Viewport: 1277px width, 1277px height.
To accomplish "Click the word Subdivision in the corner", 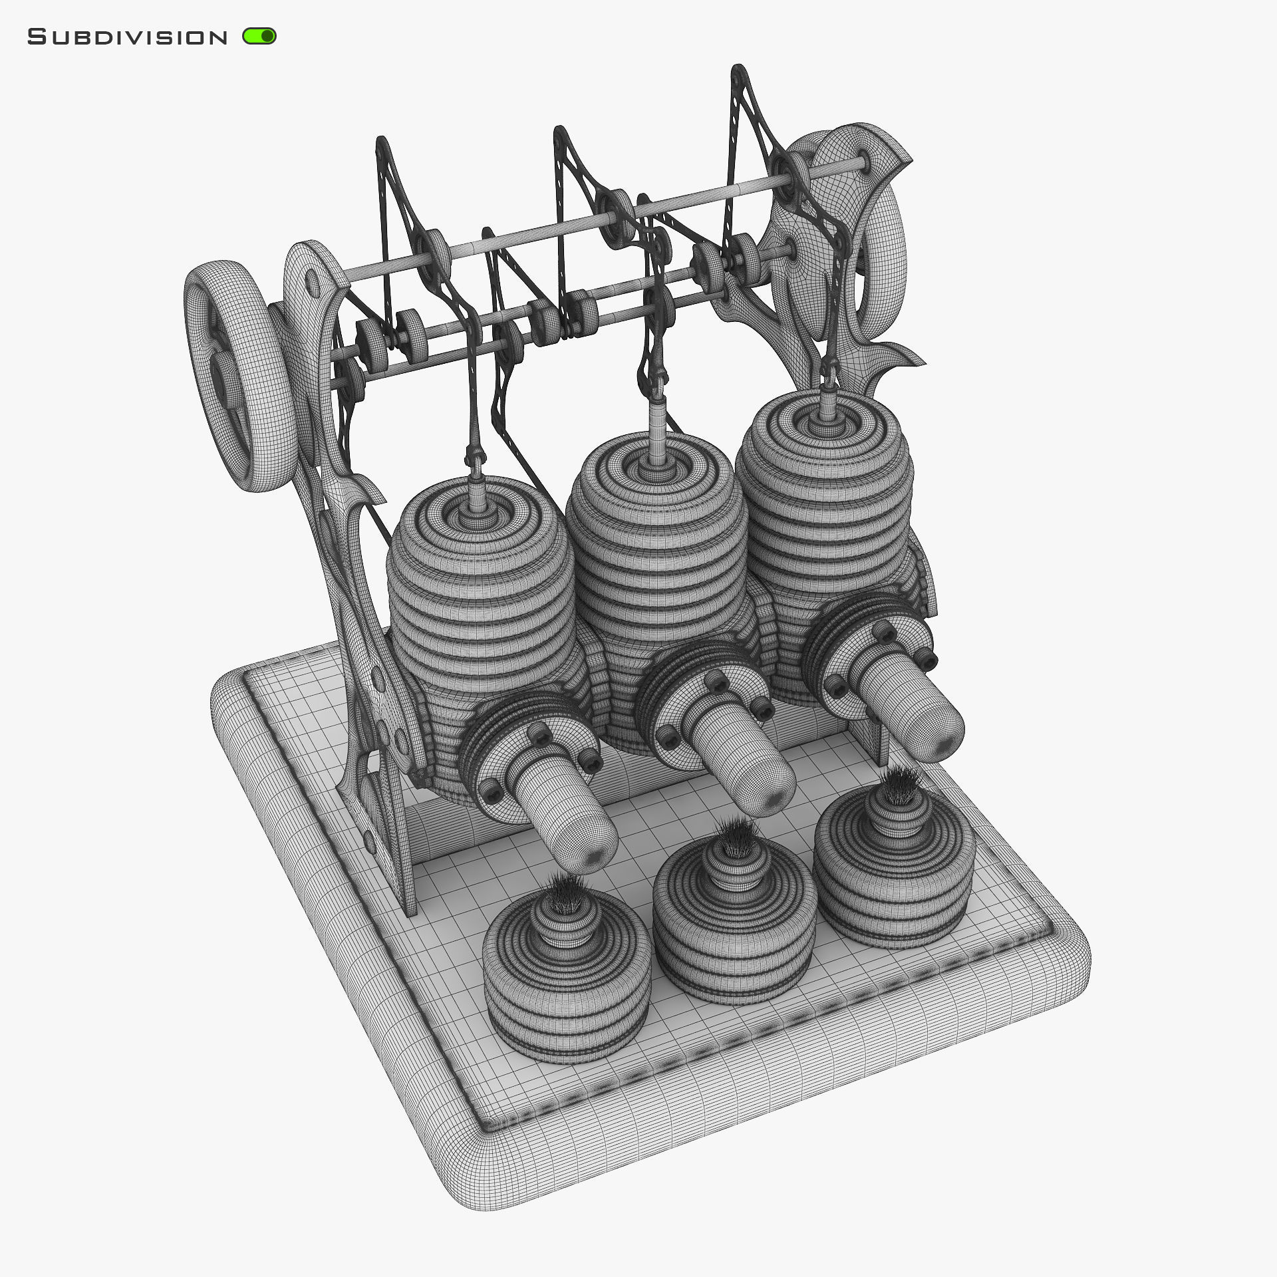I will (x=127, y=37).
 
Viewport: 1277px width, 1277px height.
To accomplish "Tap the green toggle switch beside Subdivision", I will (x=259, y=36).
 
